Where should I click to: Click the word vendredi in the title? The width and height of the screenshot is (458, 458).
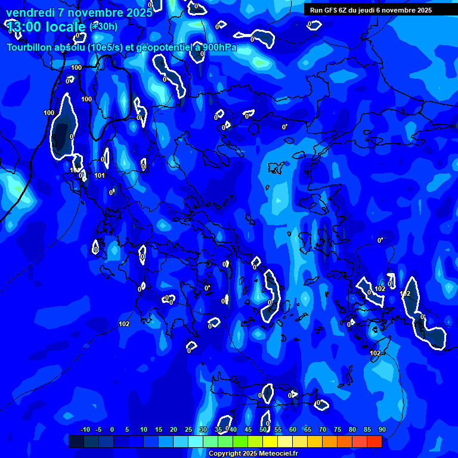(28, 13)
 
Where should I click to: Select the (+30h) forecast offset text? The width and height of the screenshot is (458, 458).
(103, 26)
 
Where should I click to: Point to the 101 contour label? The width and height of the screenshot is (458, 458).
(100, 176)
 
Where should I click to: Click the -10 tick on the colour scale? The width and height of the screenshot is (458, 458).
(85, 429)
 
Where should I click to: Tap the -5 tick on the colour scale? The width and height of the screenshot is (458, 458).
(98, 429)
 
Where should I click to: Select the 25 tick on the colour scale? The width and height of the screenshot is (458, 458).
(188, 429)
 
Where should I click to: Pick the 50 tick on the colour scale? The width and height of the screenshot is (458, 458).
(263, 429)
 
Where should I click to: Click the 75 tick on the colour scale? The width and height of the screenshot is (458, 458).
(338, 429)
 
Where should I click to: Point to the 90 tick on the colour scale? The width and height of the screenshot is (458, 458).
(382, 429)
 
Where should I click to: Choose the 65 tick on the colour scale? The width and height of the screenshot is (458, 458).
(308, 429)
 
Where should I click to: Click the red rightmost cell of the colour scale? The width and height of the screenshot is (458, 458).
(375, 441)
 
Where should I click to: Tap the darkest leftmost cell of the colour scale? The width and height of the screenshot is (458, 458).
(76, 441)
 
